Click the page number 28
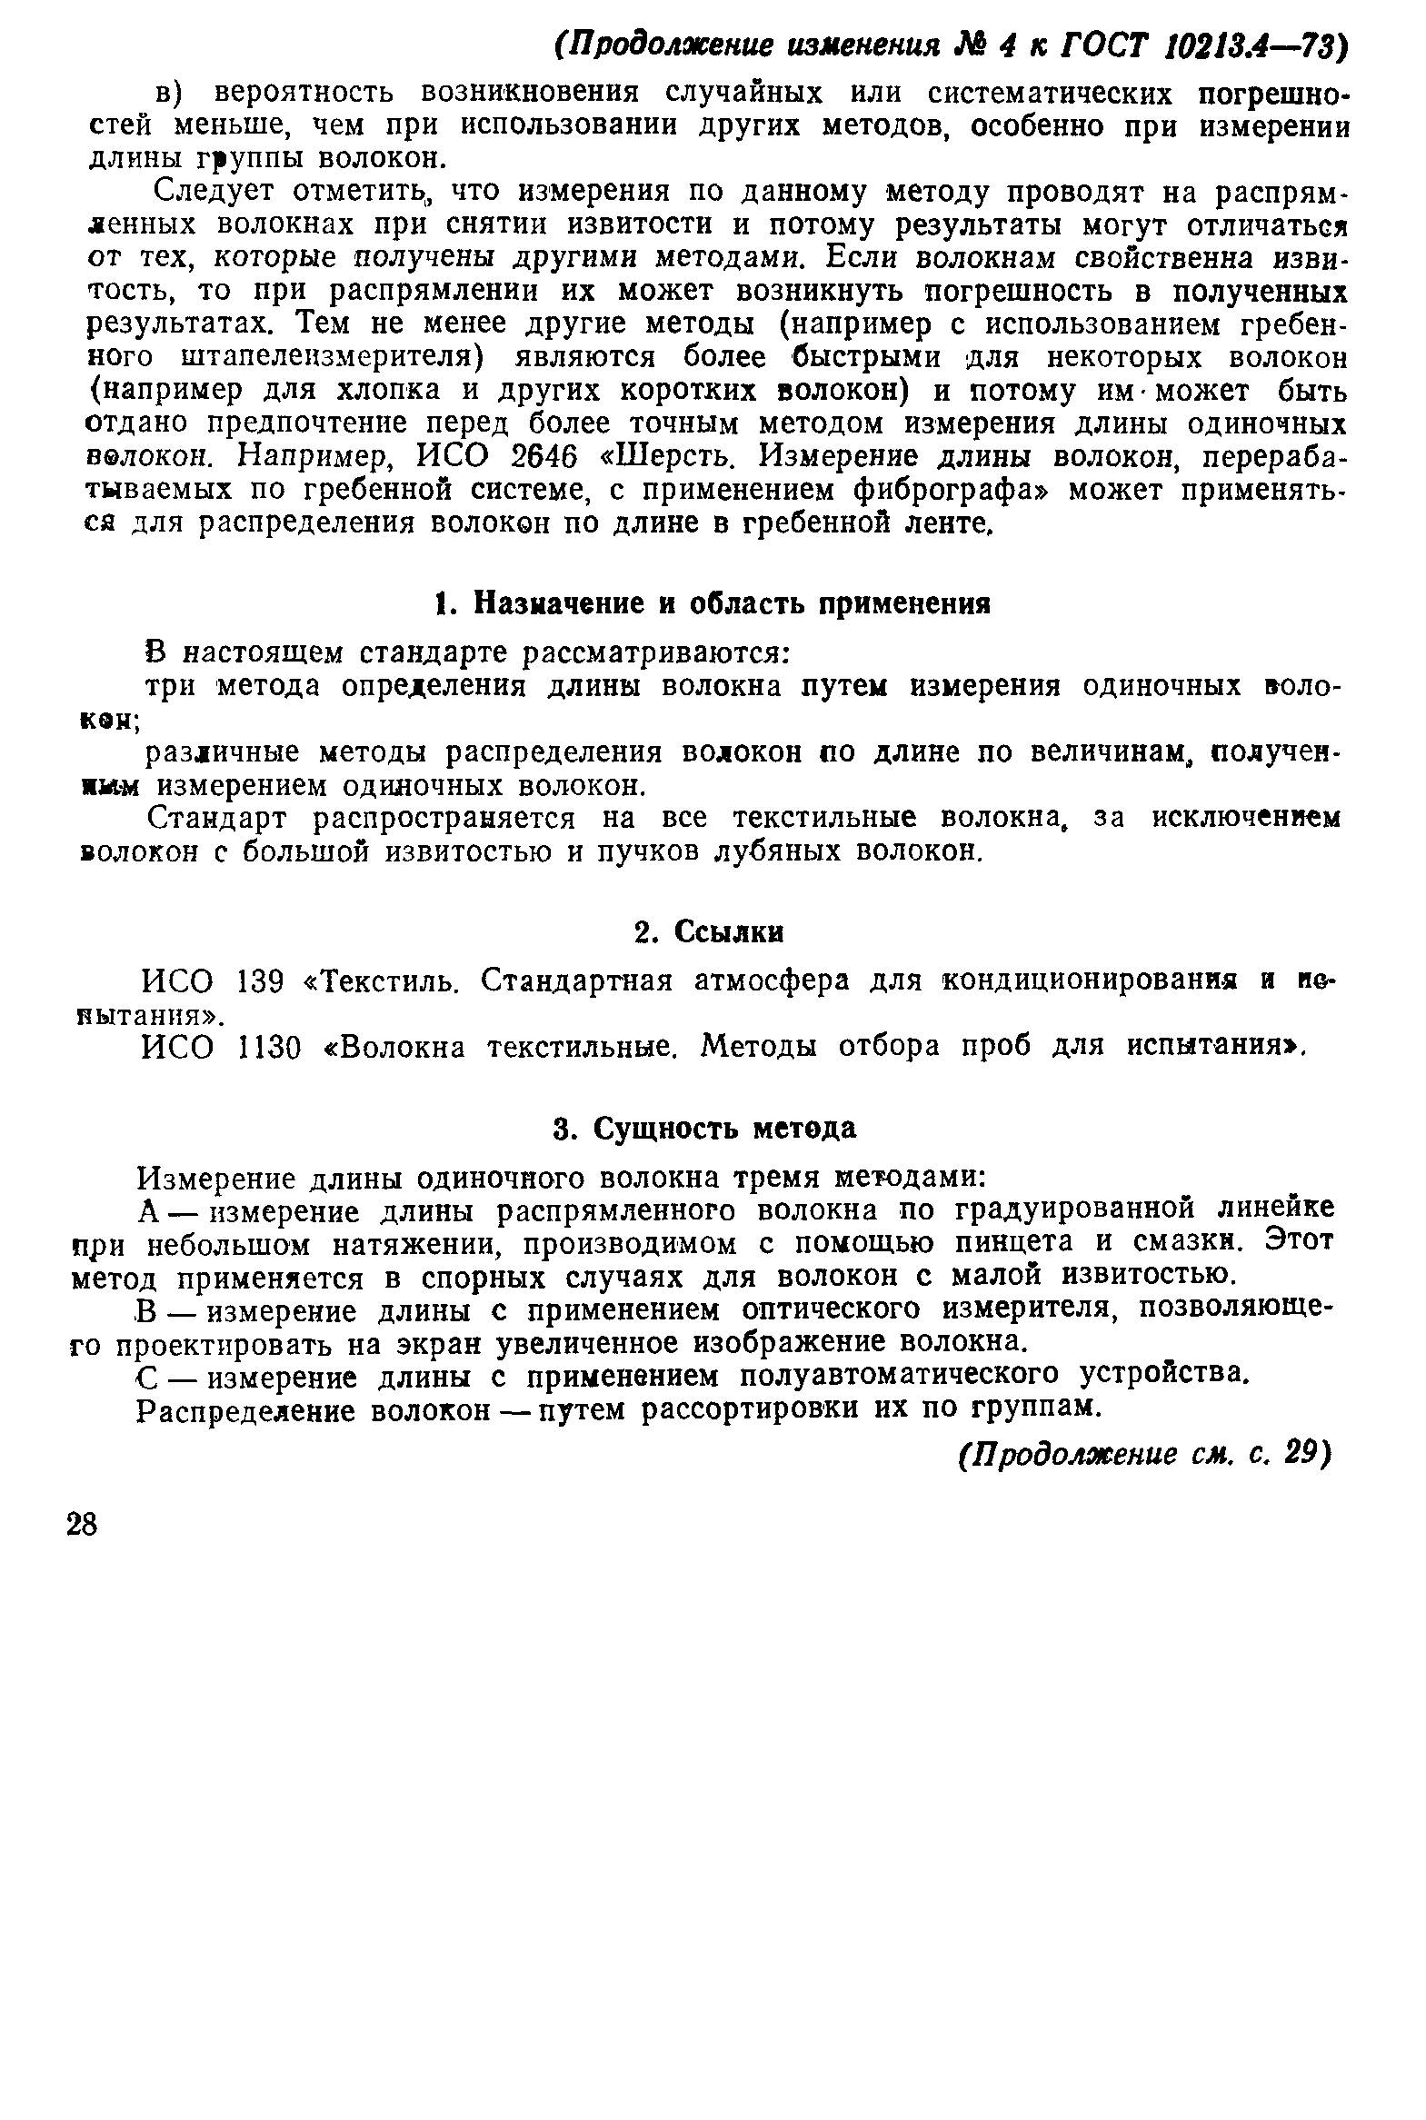click(82, 1526)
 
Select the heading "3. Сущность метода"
click(704, 1129)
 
